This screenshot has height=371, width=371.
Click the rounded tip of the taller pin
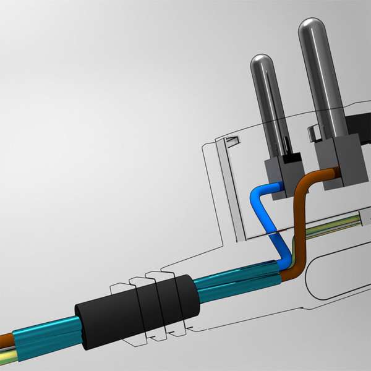click(x=312, y=28)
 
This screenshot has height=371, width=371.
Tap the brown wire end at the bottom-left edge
click(x=5, y=339)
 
